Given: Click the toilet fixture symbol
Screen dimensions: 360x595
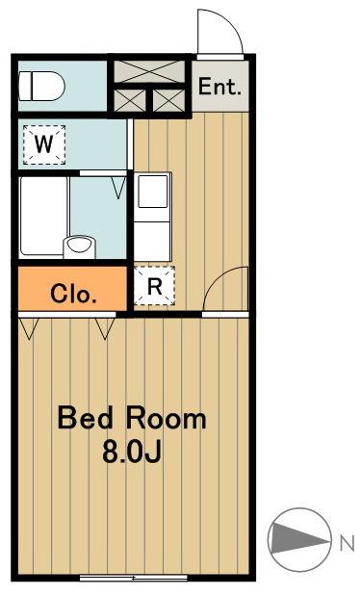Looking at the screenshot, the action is tap(41, 87).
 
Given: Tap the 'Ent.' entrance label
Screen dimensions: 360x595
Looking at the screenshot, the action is tap(220, 87).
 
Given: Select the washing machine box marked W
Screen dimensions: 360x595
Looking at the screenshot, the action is tap(44, 145).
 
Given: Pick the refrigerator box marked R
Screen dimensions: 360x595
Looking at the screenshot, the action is tap(154, 286).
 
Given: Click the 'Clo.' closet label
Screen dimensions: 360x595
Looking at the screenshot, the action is tap(73, 294).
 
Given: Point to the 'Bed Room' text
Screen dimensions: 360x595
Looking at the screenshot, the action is tap(132, 418).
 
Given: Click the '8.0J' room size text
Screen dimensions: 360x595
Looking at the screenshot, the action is tap(132, 452).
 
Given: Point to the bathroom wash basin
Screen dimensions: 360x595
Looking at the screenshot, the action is tap(79, 247).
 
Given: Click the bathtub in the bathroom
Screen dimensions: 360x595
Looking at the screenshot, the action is tap(44, 216).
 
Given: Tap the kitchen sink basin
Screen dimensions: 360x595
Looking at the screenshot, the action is tap(153, 191).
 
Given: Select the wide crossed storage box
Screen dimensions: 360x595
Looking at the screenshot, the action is tap(149, 71).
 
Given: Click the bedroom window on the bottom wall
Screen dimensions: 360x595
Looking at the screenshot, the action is tap(134, 578).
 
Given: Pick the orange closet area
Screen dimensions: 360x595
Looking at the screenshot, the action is tap(72, 289).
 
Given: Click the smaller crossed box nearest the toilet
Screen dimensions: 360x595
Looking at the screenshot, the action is tap(130, 100).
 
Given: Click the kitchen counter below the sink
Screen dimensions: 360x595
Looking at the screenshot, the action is tap(152, 242).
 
